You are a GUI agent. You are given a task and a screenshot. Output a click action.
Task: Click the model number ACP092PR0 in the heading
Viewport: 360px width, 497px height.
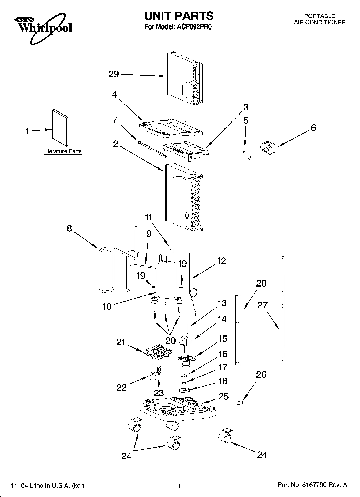tap(192, 27)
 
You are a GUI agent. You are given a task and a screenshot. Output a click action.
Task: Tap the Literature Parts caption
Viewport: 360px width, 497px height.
tap(62, 151)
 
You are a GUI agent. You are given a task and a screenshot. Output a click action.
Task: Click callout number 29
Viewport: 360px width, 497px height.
tap(113, 74)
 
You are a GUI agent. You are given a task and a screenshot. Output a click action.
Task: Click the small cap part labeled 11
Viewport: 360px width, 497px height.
tap(172, 250)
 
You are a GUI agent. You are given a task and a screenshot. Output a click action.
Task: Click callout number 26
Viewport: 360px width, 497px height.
tap(261, 374)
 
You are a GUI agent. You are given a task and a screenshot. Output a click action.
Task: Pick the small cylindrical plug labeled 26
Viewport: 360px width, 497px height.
tap(240, 402)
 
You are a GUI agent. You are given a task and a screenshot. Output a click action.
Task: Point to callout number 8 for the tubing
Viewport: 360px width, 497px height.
tap(69, 229)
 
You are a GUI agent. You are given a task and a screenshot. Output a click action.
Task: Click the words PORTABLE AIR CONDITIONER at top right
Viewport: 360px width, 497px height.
tap(319, 19)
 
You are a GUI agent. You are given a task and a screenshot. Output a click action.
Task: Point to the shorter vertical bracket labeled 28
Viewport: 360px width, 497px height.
tap(238, 330)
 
